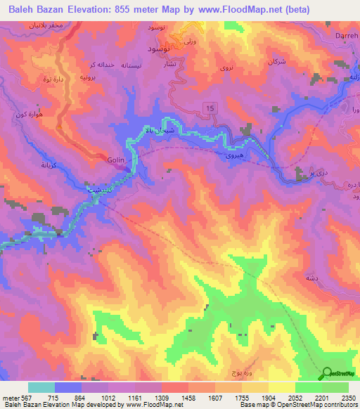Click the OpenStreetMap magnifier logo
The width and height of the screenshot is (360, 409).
coord(326,373)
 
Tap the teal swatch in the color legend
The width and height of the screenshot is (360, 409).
coord(41,387)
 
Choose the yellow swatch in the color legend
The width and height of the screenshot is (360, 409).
coord(281,387)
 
